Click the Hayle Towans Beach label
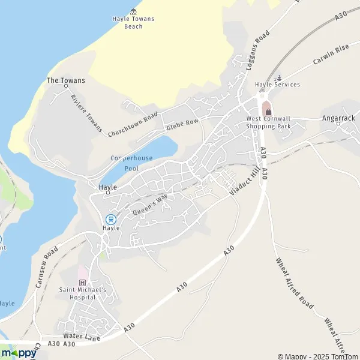(x=133, y=22)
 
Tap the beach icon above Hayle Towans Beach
(x=133, y=11)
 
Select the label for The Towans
(x=66, y=80)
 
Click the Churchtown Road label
(x=134, y=124)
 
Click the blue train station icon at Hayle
(x=110, y=219)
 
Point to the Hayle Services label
(x=277, y=85)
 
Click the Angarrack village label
(x=338, y=118)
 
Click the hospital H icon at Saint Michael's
(x=83, y=283)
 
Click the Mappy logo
(x=18, y=353)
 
